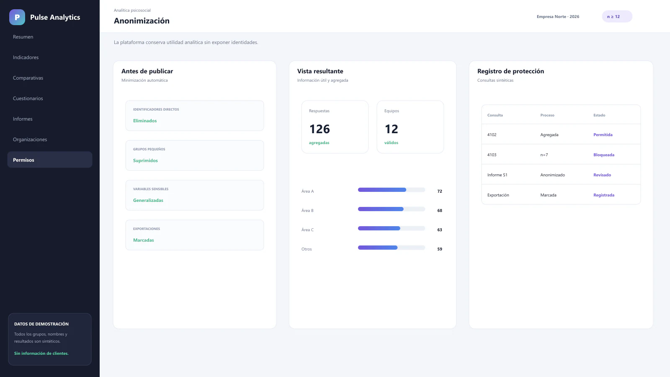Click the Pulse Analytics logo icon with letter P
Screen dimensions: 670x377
(x=17, y=17)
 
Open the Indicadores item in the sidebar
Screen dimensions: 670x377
(x=26, y=57)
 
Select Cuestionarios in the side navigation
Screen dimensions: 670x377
(x=28, y=98)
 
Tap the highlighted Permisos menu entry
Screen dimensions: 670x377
(x=50, y=160)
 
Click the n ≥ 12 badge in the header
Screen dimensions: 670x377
(x=617, y=16)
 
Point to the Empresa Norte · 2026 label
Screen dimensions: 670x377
(x=558, y=16)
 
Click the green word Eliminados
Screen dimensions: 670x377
(x=145, y=121)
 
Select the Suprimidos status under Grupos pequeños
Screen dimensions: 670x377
(x=145, y=160)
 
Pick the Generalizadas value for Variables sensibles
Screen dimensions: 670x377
(x=148, y=200)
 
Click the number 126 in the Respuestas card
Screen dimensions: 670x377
(x=320, y=129)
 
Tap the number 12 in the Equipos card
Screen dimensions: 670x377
(x=391, y=129)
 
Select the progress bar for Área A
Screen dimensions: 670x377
(x=391, y=190)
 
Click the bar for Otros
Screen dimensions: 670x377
(x=391, y=248)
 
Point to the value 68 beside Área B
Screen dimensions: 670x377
(x=439, y=210)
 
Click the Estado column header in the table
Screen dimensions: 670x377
(x=599, y=115)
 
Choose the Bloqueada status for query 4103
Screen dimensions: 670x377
(x=603, y=155)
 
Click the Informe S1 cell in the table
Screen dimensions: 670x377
(x=497, y=175)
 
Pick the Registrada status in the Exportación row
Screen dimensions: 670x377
(x=603, y=195)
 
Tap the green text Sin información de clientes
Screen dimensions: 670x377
(x=41, y=354)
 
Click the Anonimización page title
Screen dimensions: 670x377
(x=142, y=21)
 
